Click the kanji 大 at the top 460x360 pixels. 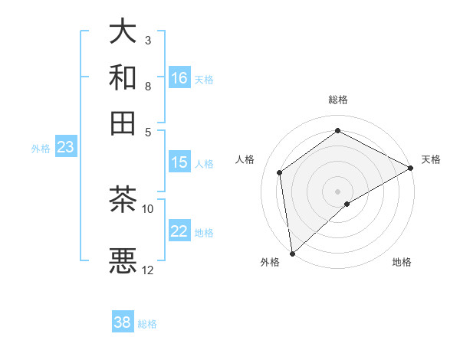(123, 32)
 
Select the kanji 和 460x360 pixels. (123, 77)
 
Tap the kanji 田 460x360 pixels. (123, 123)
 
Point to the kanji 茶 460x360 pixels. (123, 200)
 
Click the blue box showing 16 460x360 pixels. (179, 78)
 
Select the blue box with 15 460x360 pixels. (179, 162)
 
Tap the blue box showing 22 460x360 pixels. (179, 232)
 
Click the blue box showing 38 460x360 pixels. (123, 322)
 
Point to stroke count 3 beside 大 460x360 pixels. (148, 39)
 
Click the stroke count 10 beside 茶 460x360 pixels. (148, 208)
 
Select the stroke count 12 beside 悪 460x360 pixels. (148, 270)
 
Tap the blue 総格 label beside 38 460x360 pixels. (147, 324)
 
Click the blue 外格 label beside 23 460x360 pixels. (41, 149)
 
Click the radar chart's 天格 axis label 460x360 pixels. (431, 159)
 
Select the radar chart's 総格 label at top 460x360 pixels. (338, 100)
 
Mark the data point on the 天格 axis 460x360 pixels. (412, 168)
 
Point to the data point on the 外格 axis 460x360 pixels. (292, 254)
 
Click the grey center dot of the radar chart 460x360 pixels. (338, 191)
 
